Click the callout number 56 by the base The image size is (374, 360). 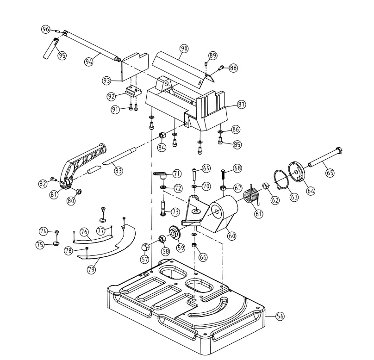pyautogui.click(x=280, y=316)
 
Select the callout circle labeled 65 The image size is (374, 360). pyautogui.click(x=330, y=173)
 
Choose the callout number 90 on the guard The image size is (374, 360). pyautogui.click(x=184, y=49)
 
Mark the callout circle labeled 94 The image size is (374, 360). pyautogui.click(x=90, y=61)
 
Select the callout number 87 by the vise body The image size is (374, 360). pyautogui.click(x=241, y=105)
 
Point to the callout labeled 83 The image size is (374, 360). pyautogui.click(x=118, y=171)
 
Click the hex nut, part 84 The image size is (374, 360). pyautogui.click(x=162, y=136)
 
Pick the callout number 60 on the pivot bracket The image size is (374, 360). pyautogui.click(x=231, y=236)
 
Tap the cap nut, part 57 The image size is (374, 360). pyautogui.click(x=145, y=246)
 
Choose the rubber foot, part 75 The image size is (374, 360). pyautogui.click(x=56, y=243)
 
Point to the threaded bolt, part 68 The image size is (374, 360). pyautogui.click(x=223, y=176)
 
